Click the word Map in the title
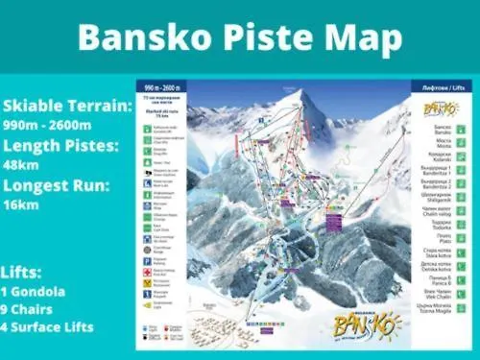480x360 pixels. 358,37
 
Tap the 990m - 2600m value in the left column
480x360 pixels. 47,126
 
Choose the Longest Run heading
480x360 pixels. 55,185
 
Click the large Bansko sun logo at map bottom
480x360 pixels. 367,322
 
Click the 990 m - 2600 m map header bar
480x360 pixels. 160,84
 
